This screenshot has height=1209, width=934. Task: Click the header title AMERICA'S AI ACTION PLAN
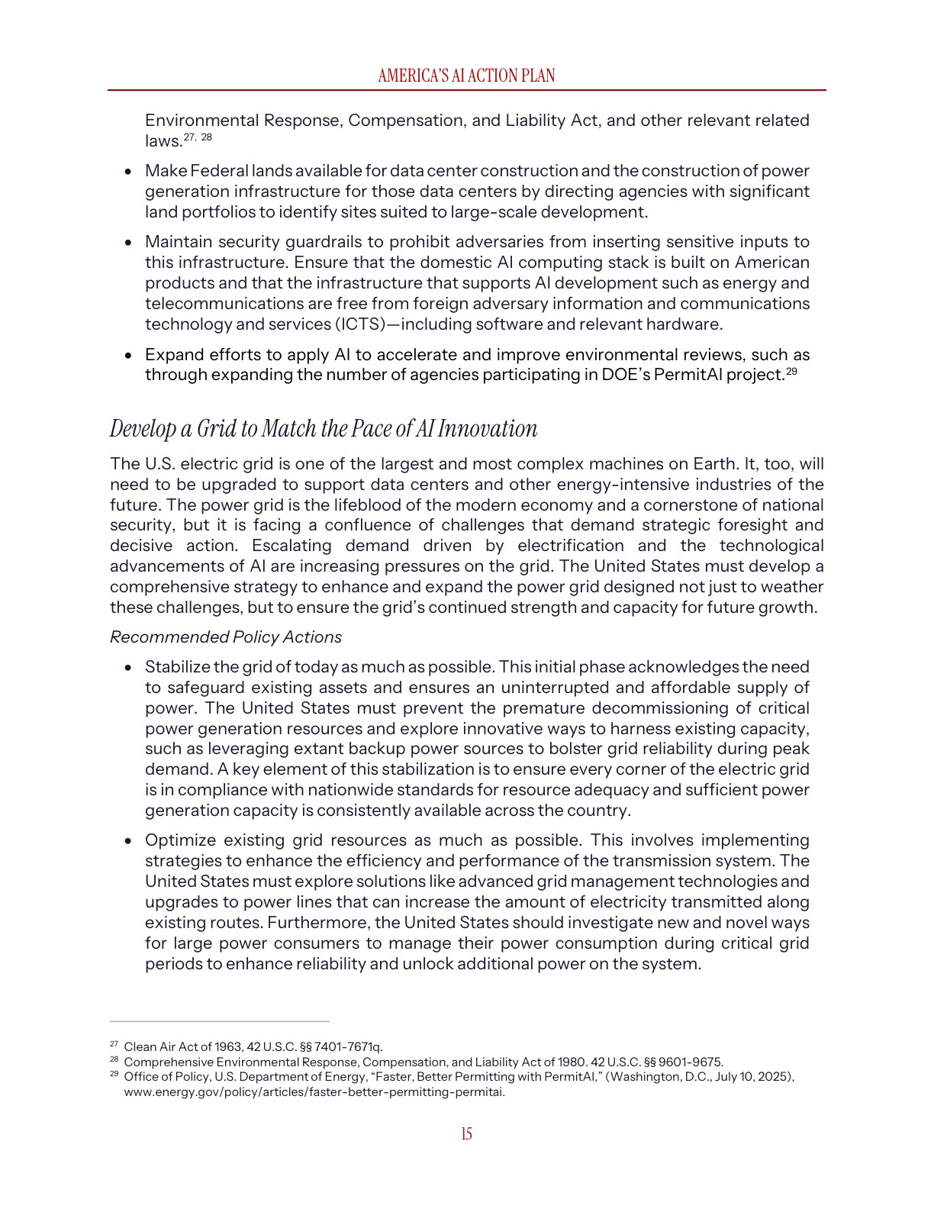[466, 76]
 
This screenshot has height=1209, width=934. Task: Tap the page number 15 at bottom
[466, 1134]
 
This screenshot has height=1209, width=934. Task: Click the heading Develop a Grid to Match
[324, 429]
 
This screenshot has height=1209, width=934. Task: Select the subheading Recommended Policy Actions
[226, 637]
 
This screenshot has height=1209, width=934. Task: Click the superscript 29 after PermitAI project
[791, 371]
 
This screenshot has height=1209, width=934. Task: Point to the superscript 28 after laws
[207, 137]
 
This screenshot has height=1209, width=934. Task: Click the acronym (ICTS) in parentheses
[359, 324]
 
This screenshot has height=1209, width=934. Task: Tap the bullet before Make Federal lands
[129, 172]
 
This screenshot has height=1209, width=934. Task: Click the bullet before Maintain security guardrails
[129, 243]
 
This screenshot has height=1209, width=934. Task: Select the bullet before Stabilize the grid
[129, 668]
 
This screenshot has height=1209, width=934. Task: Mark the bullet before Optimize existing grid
[129, 841]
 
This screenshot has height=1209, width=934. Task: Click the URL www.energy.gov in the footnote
[314, 1092]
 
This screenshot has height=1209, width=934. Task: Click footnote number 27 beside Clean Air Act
[114, 1044]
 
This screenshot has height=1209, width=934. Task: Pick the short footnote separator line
[220, 1021]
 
